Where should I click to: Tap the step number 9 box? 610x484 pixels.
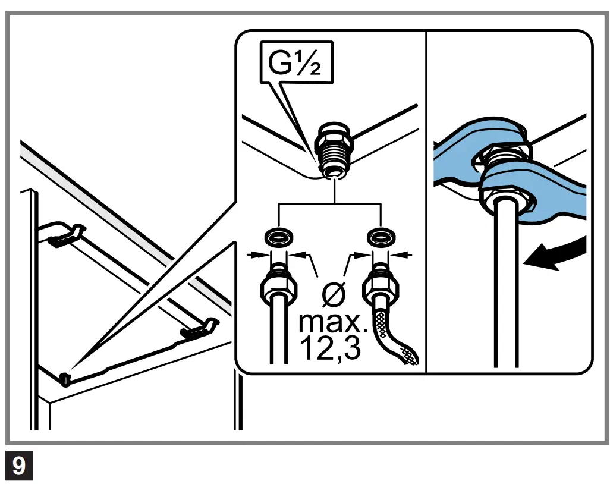pos(19,466)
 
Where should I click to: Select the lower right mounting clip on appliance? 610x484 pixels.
pos(197,329)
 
